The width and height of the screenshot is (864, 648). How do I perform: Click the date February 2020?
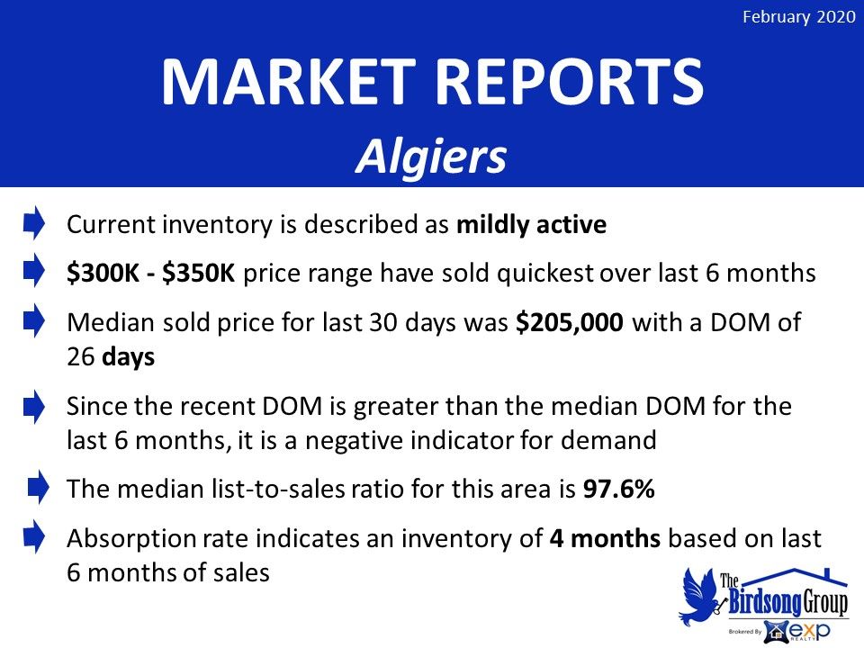click(x=798, y=17)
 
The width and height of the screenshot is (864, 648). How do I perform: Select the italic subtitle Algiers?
click(x=431, y=156)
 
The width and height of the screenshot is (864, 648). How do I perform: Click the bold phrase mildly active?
click(x=531, y=225)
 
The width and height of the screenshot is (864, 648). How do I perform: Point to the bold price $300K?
click(x=103, y=274)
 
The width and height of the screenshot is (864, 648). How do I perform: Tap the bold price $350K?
click(x=199, y=274)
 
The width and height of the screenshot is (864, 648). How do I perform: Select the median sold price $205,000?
click(x=570, y=322)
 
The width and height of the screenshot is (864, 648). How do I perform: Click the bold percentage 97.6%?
click(x=619, y=489)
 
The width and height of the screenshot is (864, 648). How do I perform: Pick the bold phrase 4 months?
click(x=605, y=538)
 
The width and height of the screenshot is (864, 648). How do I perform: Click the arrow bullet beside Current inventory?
click(x=34, y=222)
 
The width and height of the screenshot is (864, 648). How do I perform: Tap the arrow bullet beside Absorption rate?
click(x=34, y=536)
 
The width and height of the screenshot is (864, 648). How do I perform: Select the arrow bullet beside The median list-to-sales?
click(x=38, y=487)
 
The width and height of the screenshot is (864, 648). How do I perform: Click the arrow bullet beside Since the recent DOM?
click(x=34, y=407)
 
